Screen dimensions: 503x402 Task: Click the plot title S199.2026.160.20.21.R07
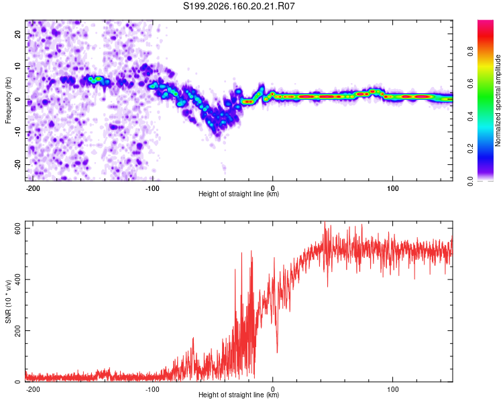pyautogui.click(x=239, y=6)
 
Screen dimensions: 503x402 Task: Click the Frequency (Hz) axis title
pyautogui.click(x=8, y=100)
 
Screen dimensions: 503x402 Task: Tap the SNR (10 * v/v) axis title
pyautogui.click(x=8, y=301)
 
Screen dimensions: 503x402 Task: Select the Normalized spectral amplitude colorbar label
pyautogui.click(x=498, y=100)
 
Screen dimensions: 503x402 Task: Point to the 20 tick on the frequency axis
pyautogui.click(x=17, y=33)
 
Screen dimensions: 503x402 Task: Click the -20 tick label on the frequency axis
pyautogui.click(x=17, y=164)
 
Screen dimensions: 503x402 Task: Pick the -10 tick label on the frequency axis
pyautogui.click(x=17, y=132)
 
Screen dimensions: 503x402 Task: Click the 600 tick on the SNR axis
pyautogui.click(x=17, y=228)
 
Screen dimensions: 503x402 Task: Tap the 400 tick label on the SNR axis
pyautogui.click(x=17, y=279)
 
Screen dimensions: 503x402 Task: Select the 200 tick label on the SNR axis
pyautogui.click(x=17, y=330)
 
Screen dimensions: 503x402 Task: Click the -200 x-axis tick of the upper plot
pyautogui.click(x=33, y=188)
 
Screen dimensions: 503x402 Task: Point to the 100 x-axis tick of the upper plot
pyautogui.click(x=392, y=188)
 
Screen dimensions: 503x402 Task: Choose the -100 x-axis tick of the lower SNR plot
pyautogui.click(x=152, y=389)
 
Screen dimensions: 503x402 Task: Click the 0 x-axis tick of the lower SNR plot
pyautogui.click(x=273, y=389)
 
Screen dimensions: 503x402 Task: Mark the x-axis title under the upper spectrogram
pyautogui.click(x=239, y=194)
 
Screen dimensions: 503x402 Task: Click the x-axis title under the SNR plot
pyautogui.click(x=239, y=395)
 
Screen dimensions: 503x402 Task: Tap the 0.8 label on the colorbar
pyautogui.click(x=470, y=52)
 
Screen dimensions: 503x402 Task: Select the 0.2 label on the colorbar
pyautogui.click(x=470, y=149)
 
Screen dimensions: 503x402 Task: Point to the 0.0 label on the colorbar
pyautogui.click(x=470, y=181)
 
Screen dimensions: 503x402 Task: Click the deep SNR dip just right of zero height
pyautogui.click(x=277, y=351)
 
